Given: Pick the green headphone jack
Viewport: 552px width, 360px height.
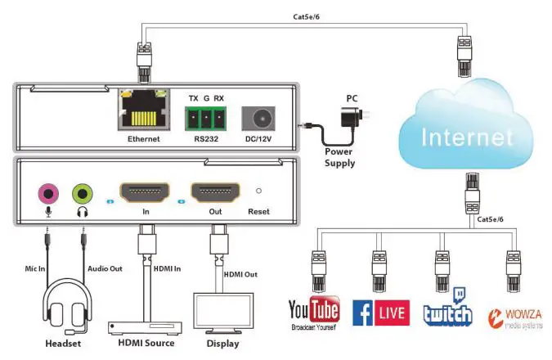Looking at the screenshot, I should (82, 194).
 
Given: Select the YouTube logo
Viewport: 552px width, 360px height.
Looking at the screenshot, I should (313, 313).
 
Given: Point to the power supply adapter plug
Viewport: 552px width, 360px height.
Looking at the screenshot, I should (352, 117).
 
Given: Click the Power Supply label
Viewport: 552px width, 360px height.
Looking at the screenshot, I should (339, 157).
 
